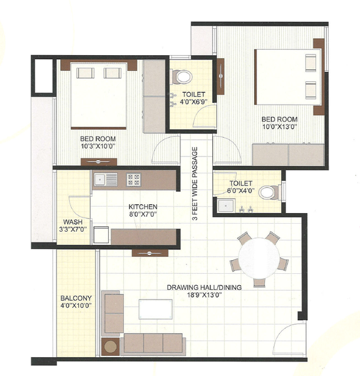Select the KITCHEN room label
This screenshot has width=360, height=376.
click(x=143, y=207)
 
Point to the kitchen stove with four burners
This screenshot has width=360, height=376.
click(x=133, y=180)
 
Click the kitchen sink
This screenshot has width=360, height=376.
click(x=106, y=180)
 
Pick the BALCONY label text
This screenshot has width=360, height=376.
click(x=76, y=298)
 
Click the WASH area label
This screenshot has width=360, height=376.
click(x=73, y=221)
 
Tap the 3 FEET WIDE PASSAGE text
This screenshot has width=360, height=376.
click(x=195, y=184)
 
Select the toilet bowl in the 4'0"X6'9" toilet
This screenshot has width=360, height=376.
click(x=183, y=76)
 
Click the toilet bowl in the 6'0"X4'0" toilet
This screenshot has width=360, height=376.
click(x=268, y=192)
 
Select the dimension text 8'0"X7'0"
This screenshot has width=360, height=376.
click(x=143, y=215)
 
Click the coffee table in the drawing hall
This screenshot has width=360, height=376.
click(x=156, y=309)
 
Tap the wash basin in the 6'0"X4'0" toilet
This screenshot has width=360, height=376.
click(x=225, y=205)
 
